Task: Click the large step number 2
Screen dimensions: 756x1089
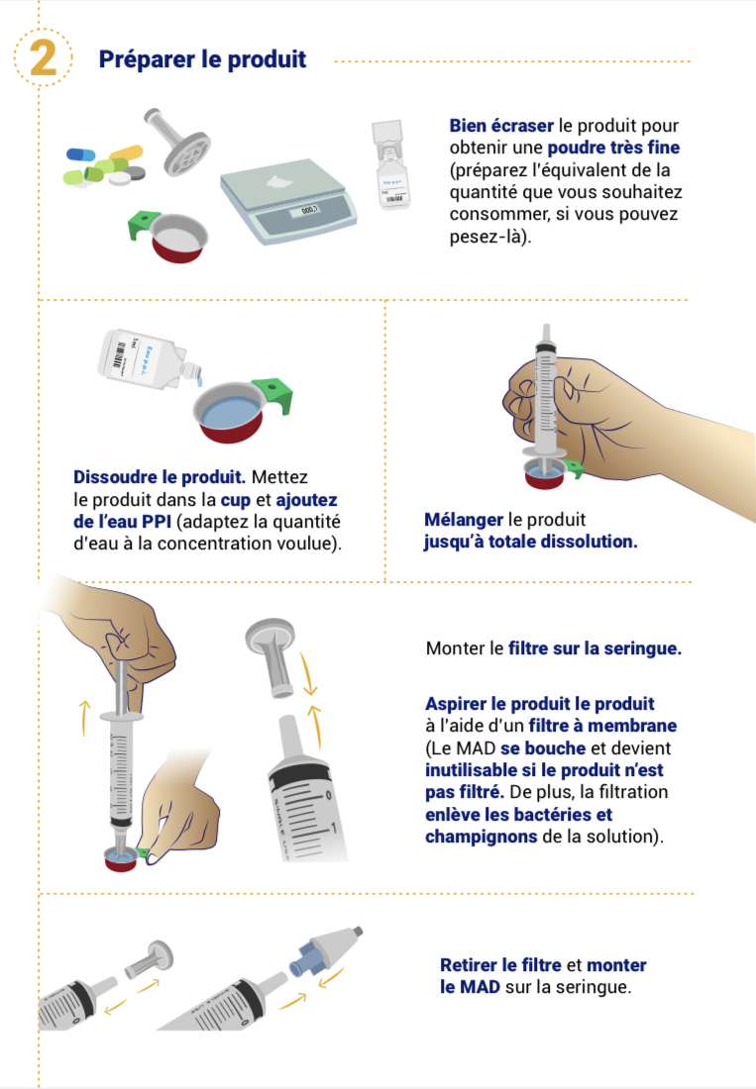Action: pos(43,57)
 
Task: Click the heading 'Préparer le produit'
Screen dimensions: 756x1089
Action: pos(202,59)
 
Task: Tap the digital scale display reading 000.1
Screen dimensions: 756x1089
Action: pos(308,210)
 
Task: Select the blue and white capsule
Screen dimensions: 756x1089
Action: pos(80,154)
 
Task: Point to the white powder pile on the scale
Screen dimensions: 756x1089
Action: pos(281,182)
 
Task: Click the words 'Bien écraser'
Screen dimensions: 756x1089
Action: pos(501,126)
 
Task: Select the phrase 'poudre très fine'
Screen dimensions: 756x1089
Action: pos(613,148)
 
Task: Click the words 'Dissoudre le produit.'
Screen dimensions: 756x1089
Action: pos(160,477)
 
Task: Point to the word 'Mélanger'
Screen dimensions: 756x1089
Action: pos(464,520)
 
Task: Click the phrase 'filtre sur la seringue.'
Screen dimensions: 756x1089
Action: pos(594,648)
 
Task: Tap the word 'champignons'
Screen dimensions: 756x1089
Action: pos(481,837)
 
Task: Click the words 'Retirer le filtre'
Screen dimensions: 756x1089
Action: pos(500,965)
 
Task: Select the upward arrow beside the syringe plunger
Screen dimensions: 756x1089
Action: pos(85,718)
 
